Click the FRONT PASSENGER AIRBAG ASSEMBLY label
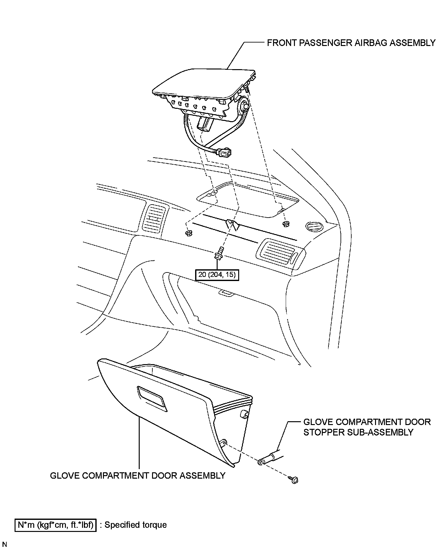pos(351,43)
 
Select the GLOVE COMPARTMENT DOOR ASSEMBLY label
pos(138,476)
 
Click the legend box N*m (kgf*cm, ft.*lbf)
pos(55,525)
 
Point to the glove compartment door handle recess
pos(152,398)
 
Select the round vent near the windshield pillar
pos(314,227)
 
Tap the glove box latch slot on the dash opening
pos(226,293)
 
